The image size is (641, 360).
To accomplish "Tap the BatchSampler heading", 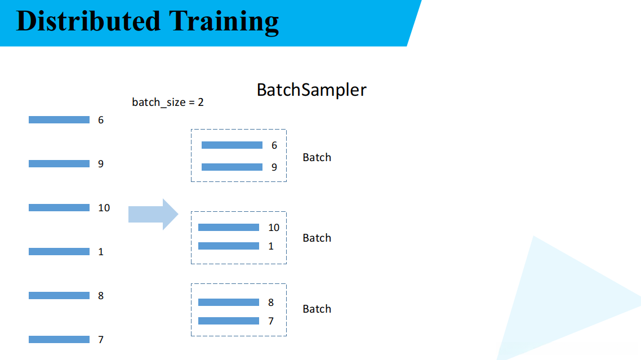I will point(311,90).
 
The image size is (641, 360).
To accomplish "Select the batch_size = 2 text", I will point(168,103).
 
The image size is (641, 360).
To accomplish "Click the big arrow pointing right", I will point(153,214).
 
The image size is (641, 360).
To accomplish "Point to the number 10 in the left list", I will point(104,208).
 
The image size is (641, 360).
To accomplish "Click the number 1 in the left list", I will point(101,252).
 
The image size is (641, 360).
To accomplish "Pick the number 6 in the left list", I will point(101,120).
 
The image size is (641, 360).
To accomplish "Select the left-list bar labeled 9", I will point(59,164).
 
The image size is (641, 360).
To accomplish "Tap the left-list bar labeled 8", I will point(59,296).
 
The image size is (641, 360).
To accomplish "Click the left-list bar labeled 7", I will point(59,340).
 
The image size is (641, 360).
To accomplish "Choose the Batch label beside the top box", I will point(317,158).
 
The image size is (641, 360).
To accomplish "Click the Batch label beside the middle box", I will point(317,238).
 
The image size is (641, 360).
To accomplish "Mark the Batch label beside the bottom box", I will point(317,309).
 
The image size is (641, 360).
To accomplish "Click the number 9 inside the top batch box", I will point(274,167).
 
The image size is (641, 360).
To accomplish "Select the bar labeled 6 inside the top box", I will point(232,145).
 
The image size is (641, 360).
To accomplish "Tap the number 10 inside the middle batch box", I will point(274,228).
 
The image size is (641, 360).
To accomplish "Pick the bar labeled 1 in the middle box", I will point(229,246).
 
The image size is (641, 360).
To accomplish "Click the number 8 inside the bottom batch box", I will point(271,303).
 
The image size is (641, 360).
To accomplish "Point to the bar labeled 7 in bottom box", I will point(229,321).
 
